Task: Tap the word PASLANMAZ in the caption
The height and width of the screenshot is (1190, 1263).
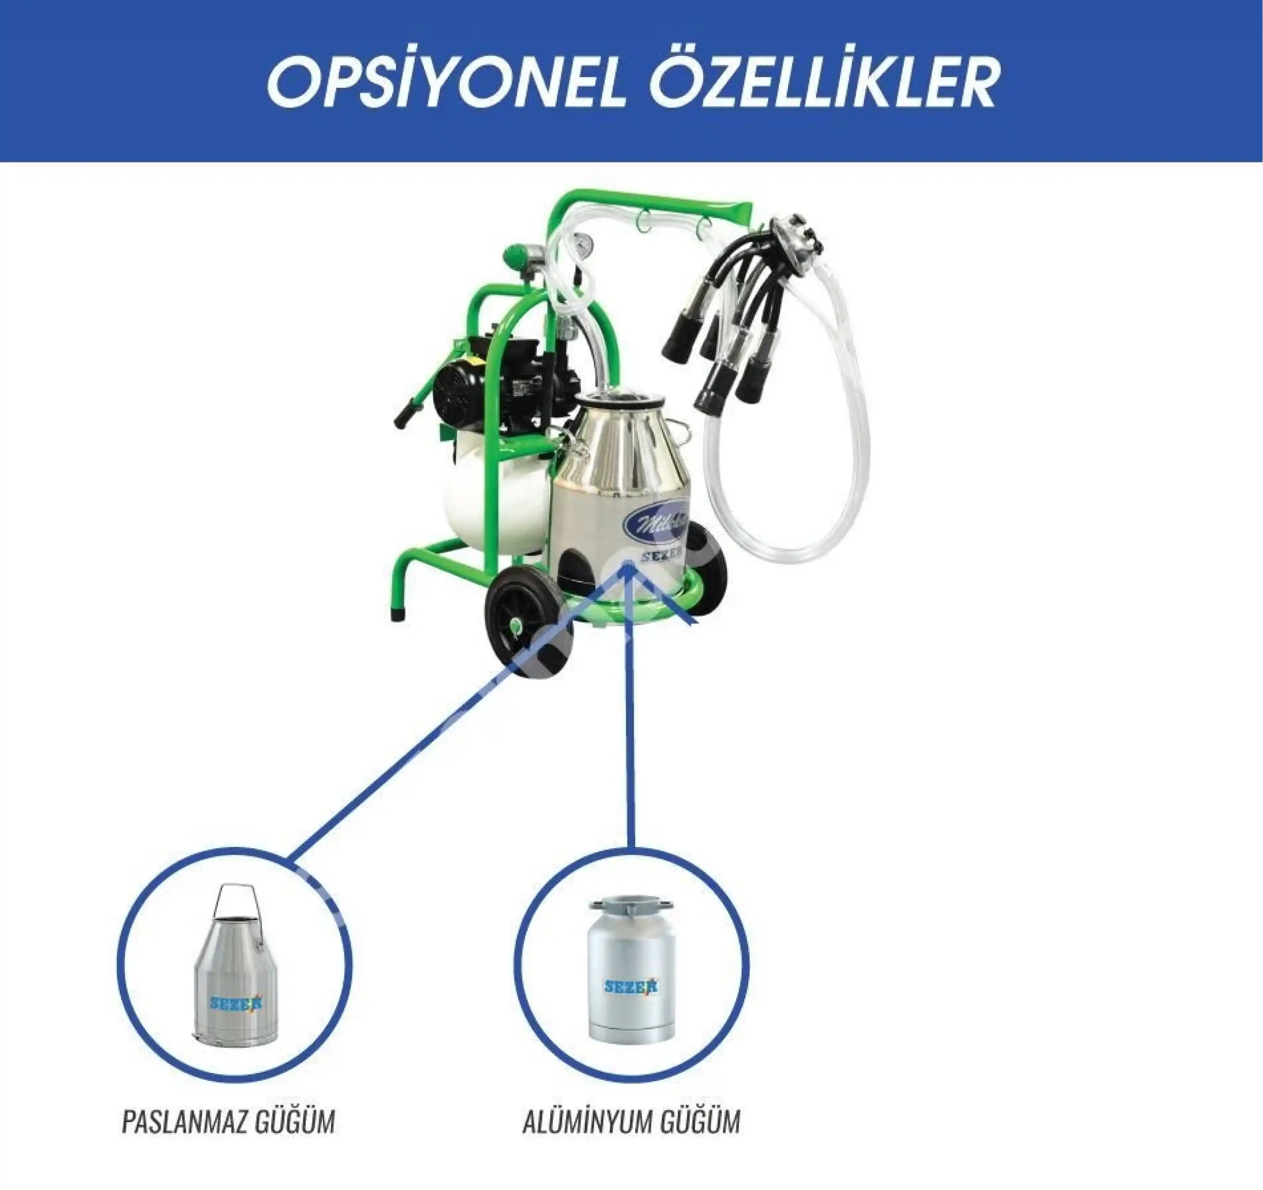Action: pos(184,1122)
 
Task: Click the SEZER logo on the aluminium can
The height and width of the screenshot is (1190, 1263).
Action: pos(631,987)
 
